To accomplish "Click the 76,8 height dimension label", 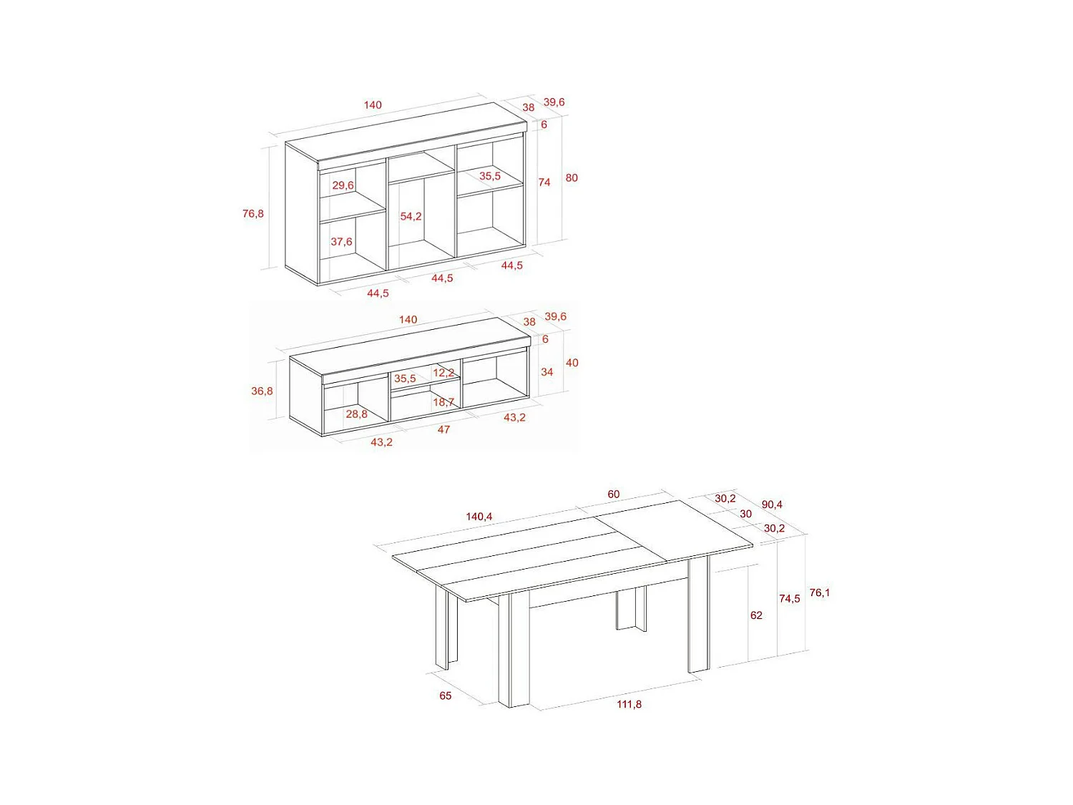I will (253, 213).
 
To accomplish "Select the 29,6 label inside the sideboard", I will (343, 185).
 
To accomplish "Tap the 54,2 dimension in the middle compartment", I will (411, 216).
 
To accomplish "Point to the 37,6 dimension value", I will (341, 242).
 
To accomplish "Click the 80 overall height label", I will (572, 177).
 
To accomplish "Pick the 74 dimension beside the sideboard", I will (544, 182).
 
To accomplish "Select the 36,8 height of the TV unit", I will (262, 391).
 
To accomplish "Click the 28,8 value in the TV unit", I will (356, 414).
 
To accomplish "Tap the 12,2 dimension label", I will (444, 373).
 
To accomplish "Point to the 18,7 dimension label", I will (444, 402).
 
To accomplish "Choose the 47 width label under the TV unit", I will (444, 429).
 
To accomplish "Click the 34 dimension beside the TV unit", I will (547, 372).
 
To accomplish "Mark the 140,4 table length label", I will (479, 517).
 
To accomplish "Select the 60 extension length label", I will (614, 494).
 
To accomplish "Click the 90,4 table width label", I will (772, 504).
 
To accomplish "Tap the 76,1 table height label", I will (820, 592).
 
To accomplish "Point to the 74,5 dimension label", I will (790, 598).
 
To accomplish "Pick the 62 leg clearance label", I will (756, 615).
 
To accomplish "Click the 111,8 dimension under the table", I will (629, 704).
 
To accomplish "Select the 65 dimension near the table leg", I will (446, 696).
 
